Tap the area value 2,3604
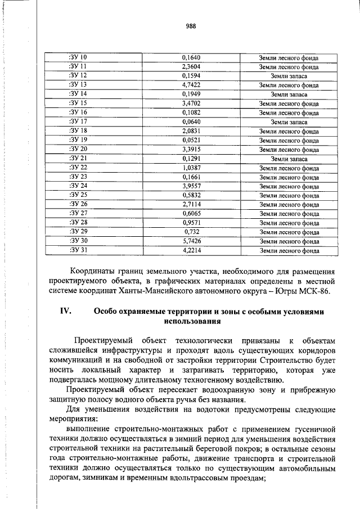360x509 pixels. coord(191,66)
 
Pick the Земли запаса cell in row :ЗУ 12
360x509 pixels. coord(289,75)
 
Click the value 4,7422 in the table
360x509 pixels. coord(191,85)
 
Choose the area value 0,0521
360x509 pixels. coord(191,140)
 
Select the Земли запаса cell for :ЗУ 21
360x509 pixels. coord(289,159)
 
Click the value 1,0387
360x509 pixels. coord(191,168)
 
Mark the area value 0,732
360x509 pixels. coord(191,232)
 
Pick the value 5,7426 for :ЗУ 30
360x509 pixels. coord(191,241)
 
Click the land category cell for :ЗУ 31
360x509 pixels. coord(289,250)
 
